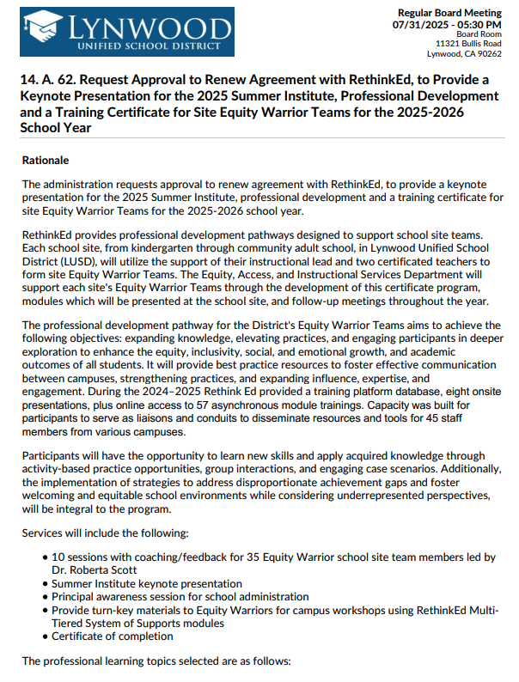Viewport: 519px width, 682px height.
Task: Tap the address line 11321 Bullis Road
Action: tap(468, 43)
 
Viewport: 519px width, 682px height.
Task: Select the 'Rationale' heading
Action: tap(46, 160)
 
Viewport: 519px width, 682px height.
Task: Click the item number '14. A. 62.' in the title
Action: tap(56, 80)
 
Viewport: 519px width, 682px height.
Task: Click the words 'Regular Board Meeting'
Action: tap(449, 13)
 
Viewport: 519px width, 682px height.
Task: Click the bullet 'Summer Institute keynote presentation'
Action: tap(146, 583)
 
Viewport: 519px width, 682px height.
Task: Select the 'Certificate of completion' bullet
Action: tap(112, 636)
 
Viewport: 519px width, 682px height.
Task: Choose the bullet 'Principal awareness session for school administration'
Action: tap(180, 596)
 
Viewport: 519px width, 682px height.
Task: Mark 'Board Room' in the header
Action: tap(479, 33)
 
